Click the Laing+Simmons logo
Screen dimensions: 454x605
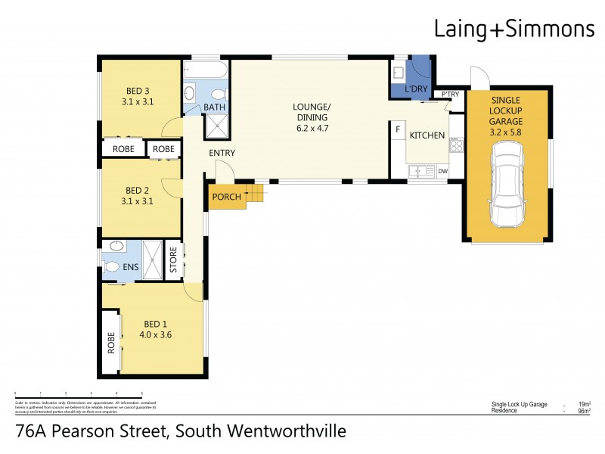pyautogui.click(x=513, y=30)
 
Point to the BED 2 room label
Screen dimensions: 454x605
pyautogui.click(x=138, y=190)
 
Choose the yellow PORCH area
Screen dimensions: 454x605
pyautogui.click(x=226, y=197)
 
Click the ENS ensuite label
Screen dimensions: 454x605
pyautogui.click(x=132, y=268)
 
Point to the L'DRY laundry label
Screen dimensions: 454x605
pyautogui.click(x=416, y=90)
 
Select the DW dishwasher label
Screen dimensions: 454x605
pyautogui.click(x=442, y=171)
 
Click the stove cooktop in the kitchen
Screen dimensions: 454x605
pyautogui.click(x=455, y=146)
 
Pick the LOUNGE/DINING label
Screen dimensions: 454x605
pyautogui.click(x=312, y=112)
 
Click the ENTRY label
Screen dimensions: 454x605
pyautogui.click(x=222, y=153)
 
